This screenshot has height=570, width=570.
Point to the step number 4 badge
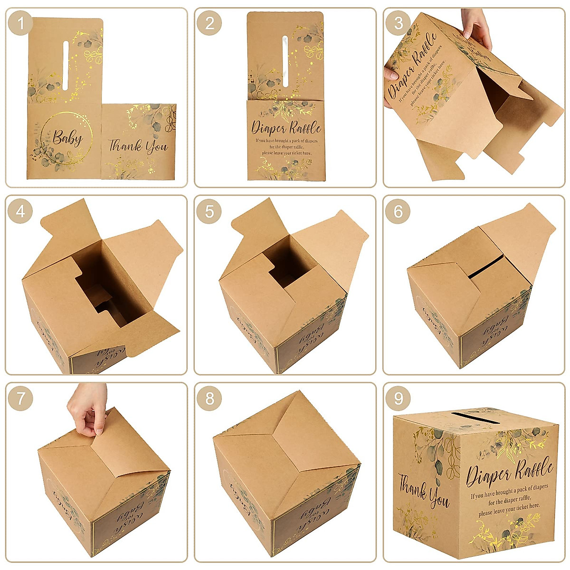tap(20, 211)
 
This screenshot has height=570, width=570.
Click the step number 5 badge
tap(209, 211)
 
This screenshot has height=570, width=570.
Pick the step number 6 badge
tap(398, 211)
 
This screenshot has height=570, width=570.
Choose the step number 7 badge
tap(20, 399)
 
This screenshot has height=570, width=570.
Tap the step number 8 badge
tap(209, 399)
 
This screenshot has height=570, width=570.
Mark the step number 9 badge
tap(398, 399)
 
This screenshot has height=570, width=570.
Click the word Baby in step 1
tap(67, 138)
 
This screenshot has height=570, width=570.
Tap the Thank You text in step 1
tap(138, 145)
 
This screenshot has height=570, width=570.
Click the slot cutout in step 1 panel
tap(66, 66)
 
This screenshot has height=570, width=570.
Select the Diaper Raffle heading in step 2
tap(286, 127)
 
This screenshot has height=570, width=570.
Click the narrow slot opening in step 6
tap(485, 267)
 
